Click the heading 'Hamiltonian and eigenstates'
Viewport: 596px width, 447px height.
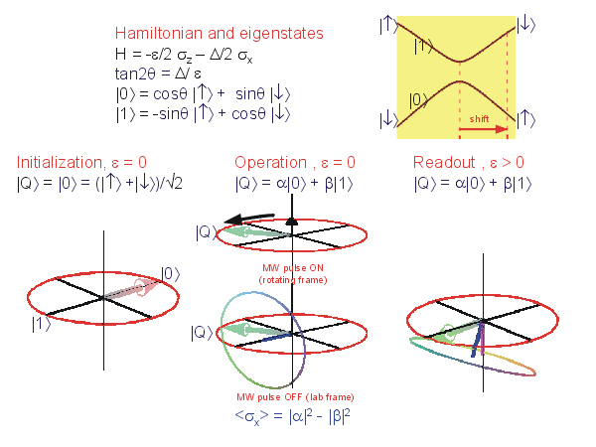[219, 34]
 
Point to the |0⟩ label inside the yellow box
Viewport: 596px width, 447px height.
[422, 99]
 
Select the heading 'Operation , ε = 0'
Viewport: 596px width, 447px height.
[295, 162]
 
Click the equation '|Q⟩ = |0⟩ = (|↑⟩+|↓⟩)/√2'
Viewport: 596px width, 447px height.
[99, 183]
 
